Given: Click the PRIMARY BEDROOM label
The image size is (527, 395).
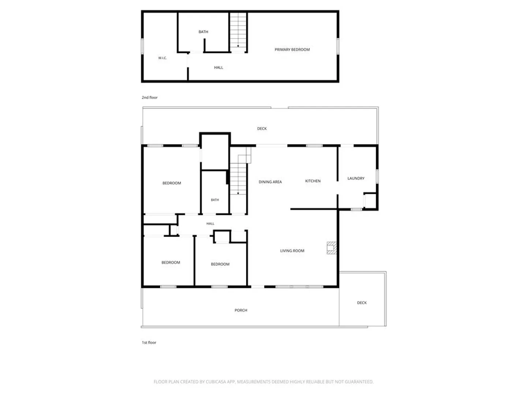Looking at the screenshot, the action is pos(292,49).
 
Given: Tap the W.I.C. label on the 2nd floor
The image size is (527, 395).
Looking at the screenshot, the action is pos(162,58).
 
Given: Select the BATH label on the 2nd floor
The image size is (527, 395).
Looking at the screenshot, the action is pos(203,32).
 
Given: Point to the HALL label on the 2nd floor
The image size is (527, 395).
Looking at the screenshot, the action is pos(218,67).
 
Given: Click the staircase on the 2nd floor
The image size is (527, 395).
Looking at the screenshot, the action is pos(238,32).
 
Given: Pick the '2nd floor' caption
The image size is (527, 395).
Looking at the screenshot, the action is pos(150,97).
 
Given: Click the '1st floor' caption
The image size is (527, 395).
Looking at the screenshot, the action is pos(149,342).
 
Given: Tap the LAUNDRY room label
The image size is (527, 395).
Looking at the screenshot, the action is pos(356,178).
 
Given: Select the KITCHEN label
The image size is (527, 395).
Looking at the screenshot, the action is pos(313,181).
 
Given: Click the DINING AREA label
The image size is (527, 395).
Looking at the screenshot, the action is pos(270,182).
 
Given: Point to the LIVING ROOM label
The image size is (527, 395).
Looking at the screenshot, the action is pos(292,251).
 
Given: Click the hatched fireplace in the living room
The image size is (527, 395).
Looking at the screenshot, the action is pos(332,248).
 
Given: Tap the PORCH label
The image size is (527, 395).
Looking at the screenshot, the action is pos(241,310).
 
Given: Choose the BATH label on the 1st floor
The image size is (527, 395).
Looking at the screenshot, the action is pos(214,200).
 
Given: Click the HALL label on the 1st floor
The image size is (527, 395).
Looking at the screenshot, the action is pos(210,223).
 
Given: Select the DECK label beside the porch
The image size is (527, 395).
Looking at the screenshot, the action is pos(362,303).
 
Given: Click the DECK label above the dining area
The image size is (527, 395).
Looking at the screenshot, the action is pos(262,128).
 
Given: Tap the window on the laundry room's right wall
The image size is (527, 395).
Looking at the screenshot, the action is pos(377,176).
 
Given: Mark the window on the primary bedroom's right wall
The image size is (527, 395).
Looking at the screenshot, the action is pos(338,46).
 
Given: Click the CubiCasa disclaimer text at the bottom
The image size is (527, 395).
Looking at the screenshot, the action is pos(263,381).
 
